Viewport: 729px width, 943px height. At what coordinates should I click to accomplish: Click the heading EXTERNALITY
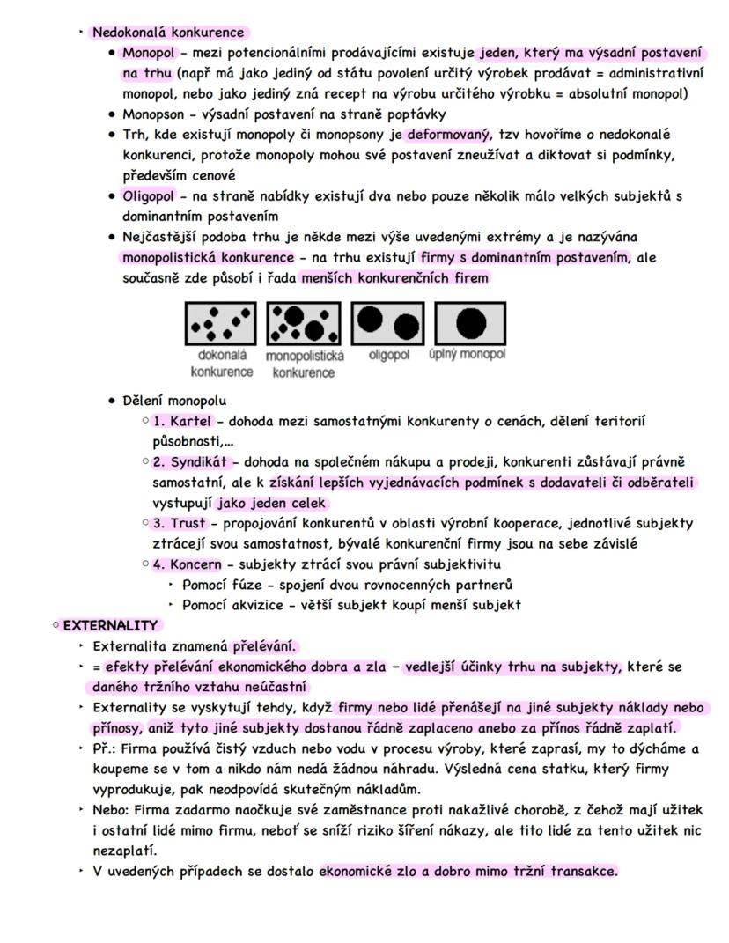pyautogui.click(x=109, y=625)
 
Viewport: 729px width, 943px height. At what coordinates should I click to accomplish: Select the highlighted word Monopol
pyautogui.click(x=148, y=53)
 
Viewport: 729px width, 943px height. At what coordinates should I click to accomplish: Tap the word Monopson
pyautogui.click(x=151, y=114)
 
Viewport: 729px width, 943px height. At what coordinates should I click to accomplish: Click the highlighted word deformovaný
pyautogui.click(x=446, y=134)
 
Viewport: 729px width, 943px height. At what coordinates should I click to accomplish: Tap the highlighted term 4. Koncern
pyautogui.click(x=187, y=564)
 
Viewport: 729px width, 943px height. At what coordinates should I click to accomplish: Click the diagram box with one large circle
pyautogui.click(x=471, y=323)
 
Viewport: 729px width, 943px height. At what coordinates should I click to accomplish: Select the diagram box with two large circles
pyautogui.click(x=387, y=323)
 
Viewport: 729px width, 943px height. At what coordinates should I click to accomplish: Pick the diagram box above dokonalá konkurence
pyautogui.click(x=221, y=323)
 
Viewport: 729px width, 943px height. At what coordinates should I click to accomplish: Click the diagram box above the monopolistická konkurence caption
pyautogui.click(x=304, y=323)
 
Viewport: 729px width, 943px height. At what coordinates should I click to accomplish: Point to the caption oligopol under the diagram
pyautogui.click(x=389, y=355)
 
